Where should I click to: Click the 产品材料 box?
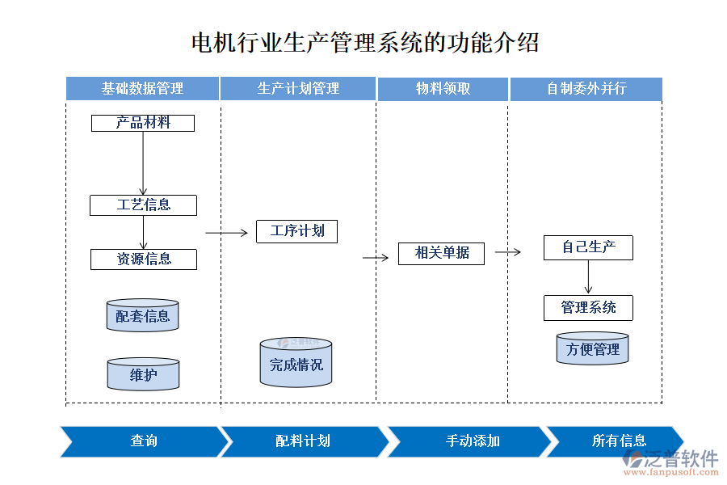(143, 123)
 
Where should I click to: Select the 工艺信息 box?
(143, 205)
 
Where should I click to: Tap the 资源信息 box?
(143, 259)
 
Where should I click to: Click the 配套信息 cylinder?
(142, 315)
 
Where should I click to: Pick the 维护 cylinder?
(143, 374)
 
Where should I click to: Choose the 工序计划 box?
(296, 231)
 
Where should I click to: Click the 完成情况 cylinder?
(296, 364)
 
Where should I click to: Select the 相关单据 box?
(441, 253)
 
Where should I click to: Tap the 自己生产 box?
(588, 247)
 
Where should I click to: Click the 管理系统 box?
(588, 308)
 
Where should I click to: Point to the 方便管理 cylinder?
(592, 348)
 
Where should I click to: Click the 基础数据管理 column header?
(142, 89)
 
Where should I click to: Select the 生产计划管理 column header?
(298, 89)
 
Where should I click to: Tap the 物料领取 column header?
(443, 89)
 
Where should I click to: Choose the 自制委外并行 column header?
(586, 89)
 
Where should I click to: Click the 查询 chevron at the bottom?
(144, 441)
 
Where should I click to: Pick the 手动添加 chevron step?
(473, 441)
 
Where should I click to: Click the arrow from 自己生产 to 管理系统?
(588, 277)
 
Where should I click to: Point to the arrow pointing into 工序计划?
(227, 233)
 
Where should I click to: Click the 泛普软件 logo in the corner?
(670, 462)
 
